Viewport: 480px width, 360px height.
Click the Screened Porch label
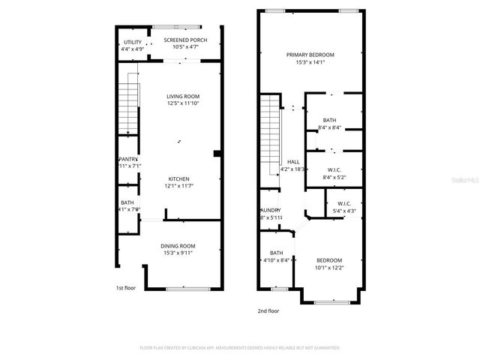coord(178,40)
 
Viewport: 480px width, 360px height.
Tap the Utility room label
coord(132,42)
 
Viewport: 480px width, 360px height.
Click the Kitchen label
coord(178,178)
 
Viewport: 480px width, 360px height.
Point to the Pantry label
coord(128,159)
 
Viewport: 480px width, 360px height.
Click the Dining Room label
coord(178,246)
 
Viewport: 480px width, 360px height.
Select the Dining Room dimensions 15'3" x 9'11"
coord(178,253)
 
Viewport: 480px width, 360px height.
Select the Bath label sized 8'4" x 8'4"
coord(329,120)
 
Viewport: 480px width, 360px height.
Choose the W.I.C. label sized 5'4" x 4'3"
coord(344,203)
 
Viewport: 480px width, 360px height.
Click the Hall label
coord(293,161)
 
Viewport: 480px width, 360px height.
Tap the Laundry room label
coord(270,211)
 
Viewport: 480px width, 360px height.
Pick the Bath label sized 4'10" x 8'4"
coord(276,253)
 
